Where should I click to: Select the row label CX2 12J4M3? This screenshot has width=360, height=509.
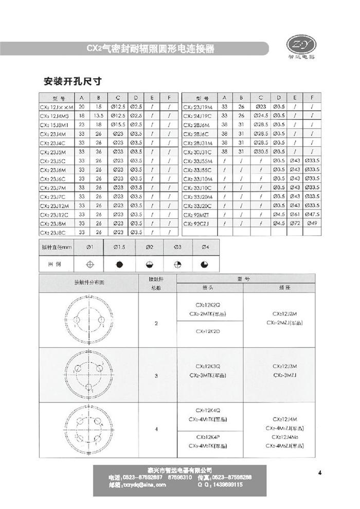tap(57, 116)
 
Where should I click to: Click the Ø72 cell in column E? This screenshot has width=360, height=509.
tap(295, 223)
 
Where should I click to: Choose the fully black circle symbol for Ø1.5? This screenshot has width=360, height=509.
tap(119, 265)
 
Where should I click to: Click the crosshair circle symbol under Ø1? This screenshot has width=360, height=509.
tap(90, 265)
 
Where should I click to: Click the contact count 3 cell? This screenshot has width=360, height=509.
tap(156, 376)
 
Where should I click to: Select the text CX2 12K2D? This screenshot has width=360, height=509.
tap(208, 332)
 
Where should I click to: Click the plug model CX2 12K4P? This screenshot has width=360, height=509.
tap(208, 436)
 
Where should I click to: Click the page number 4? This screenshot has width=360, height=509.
tap(320, 474)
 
